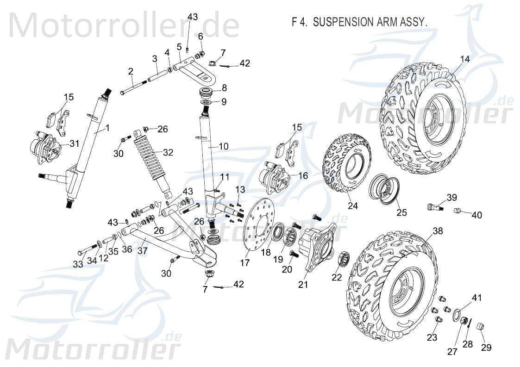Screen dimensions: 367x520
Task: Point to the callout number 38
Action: tap(438, 230)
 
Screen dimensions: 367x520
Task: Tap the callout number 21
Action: tap(303, 285)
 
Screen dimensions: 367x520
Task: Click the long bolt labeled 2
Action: tap(133, 87)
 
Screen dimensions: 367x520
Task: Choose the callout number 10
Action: tap(223, 146)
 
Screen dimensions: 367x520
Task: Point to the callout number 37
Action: tap(143, 250)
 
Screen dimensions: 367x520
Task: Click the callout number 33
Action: tap(78, 264)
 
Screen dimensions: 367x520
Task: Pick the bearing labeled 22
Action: tap(343, 259)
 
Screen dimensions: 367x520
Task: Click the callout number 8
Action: tap(224, 87)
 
